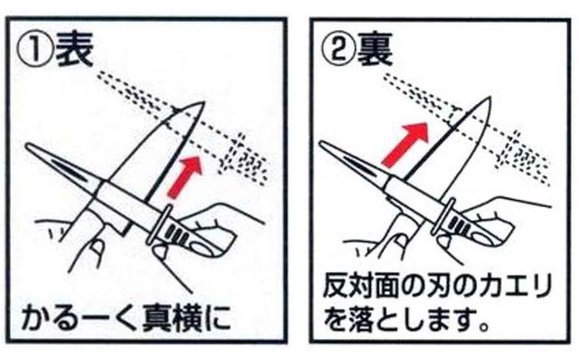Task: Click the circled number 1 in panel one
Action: click(x=35, y=51)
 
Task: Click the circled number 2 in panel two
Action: click(x=338, y=50)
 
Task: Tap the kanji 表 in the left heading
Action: click(x=74, y=50)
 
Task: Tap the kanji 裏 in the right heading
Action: click(x=375, y=50)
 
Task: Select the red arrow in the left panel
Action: click(x=185, y=177)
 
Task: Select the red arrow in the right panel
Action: click(x=404, y=145)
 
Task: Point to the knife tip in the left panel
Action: click(x=204, y=102)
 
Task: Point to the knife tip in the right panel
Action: click(x=490, y=98)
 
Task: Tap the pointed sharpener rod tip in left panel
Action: click(x=27, y=146)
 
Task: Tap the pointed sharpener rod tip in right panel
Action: click(x=322, y=143)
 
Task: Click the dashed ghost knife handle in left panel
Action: click(x=244, y=159)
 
